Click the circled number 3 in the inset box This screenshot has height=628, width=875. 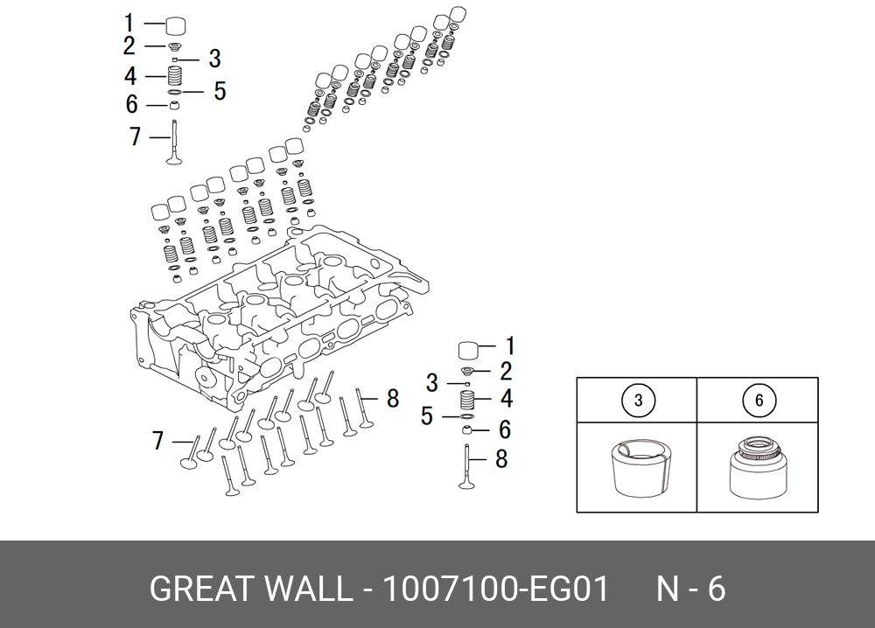click(x=638, y=401)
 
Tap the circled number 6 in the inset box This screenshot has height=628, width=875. click(x=759, y=401)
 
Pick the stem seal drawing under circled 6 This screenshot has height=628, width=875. click(x=758, y=467)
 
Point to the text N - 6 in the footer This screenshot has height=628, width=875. click(x=691, y=590)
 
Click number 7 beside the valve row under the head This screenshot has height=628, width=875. click(x=158, y=441)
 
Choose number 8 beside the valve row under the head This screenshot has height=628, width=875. click(x=393, y=399)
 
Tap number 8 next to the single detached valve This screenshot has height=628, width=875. click(x=501, y=458)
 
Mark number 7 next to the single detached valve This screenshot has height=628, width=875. click(x=135, y=137)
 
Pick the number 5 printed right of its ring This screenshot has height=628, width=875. click(x=220, y=91)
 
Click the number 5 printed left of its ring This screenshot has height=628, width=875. click(x=426, y=416)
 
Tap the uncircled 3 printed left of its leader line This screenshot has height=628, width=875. click(x=431, y=383)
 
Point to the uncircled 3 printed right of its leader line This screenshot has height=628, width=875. click(x=213, y=59)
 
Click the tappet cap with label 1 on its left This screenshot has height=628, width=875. click(x=177, y=24)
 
